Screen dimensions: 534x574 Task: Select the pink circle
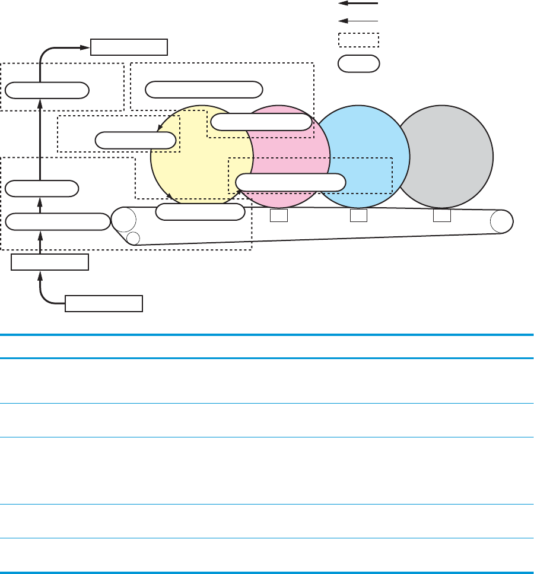point(285,148)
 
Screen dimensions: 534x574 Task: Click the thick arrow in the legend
point(358,4)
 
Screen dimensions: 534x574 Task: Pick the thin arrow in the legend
point(358,20)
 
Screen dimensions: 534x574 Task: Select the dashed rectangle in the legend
point(358,40)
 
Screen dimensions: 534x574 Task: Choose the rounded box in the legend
point(358,64)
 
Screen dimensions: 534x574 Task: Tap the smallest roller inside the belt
point(133,238)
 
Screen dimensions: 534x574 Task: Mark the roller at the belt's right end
point(501,221)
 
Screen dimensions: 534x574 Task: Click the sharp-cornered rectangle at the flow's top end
point(129,46)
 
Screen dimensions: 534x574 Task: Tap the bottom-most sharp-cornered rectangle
point(104,303)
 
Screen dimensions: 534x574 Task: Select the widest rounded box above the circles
point(204,90)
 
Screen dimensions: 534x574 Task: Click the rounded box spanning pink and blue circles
point(291,182)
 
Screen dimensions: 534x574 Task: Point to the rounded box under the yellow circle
point(200,211)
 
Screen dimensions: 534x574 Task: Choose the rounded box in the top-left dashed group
point(47,90)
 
